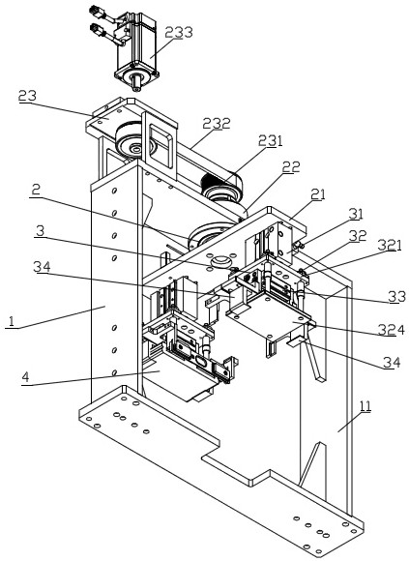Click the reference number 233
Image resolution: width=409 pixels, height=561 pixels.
[179, 32]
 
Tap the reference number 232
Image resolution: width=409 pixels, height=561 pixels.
[217, 124]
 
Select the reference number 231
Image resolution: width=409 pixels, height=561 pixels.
[271, 141]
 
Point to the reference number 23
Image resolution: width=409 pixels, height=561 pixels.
[27, 96]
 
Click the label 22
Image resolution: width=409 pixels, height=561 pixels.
[291, 166]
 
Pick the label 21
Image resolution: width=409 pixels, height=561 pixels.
[318, 194]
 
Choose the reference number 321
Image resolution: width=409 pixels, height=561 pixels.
[390, 246]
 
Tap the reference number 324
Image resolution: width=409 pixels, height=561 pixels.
[392, 330]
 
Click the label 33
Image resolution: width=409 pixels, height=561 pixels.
[397, 297]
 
